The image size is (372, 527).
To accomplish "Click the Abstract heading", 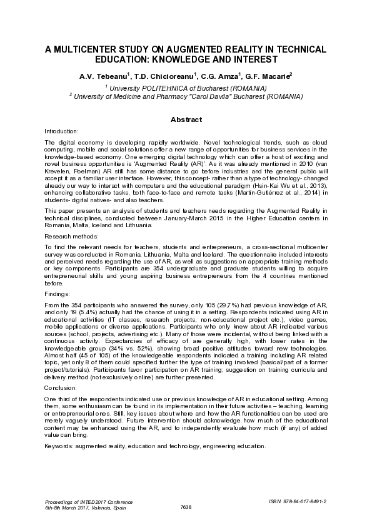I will point(186,119).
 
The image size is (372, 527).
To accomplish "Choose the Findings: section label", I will point(56,292).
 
